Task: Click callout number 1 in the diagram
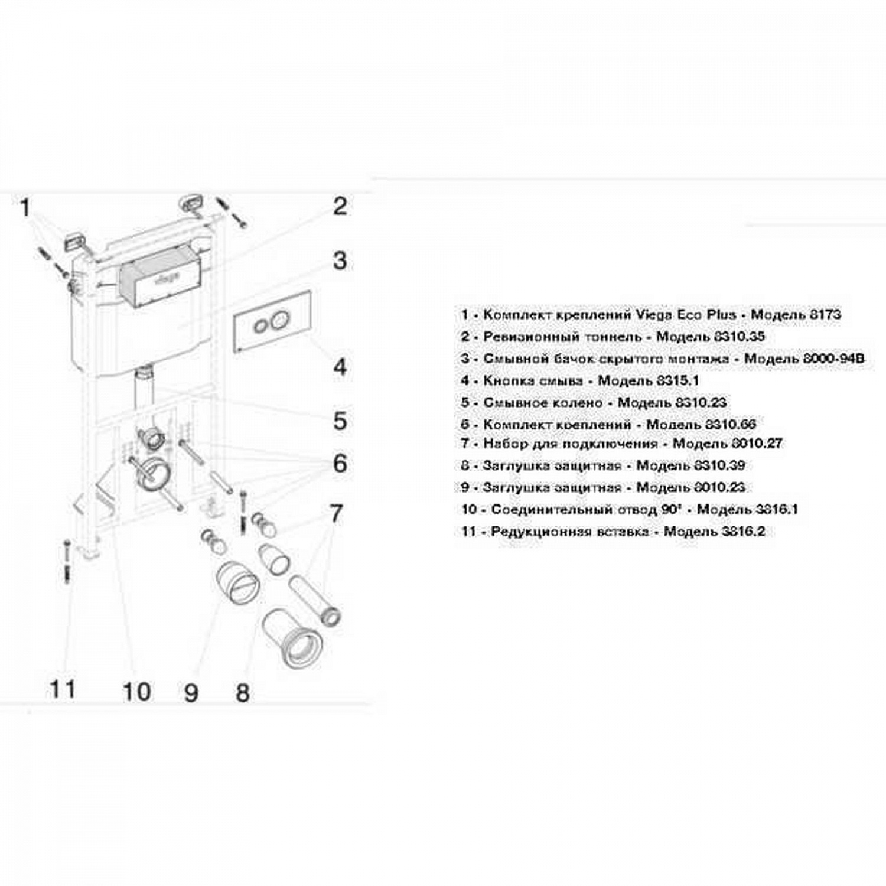[x=25, y=208]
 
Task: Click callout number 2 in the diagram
[x=340, y=207]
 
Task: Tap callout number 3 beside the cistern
[x=340, y=260]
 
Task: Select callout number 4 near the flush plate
[x=340, y=367]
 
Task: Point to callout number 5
[x=340, y=421]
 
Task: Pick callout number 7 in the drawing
[x=335, y=513]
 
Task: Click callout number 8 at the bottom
[x=242, y=692]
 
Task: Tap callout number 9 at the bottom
[x=190, y=692]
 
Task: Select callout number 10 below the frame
[x=136, y=691]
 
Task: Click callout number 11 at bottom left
[x=62, y=689]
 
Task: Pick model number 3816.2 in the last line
[x=743, y=531]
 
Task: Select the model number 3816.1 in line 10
[x=776, y=509]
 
